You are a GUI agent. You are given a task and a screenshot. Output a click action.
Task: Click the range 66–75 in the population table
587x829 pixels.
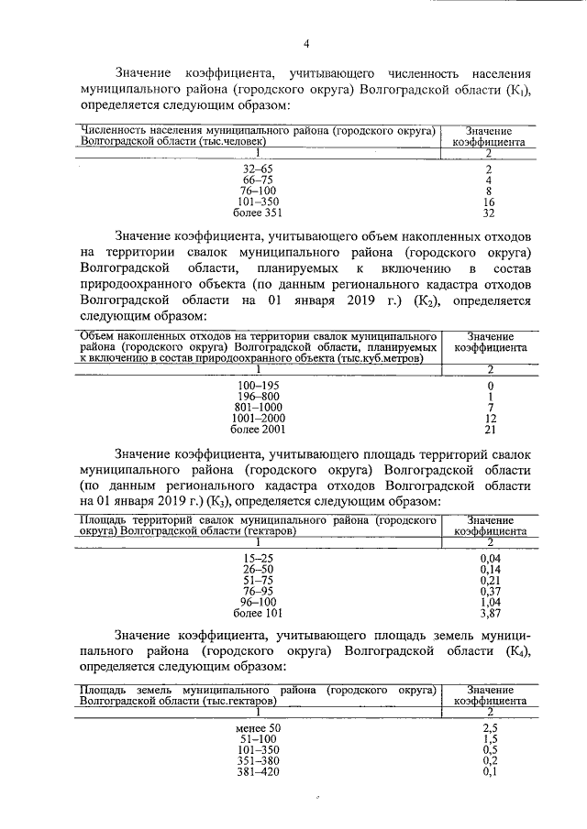point(258,180)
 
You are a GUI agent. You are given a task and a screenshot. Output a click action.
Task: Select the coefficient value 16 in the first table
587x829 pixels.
point(489,201)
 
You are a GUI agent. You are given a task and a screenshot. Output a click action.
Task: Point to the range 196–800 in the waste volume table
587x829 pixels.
point(258,396)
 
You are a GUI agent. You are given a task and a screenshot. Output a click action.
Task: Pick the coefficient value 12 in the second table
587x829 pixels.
point(489,417)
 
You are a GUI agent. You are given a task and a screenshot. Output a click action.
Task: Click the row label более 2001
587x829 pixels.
point(258,428)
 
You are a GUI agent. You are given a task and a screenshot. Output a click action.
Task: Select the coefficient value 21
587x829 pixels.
point(489,428)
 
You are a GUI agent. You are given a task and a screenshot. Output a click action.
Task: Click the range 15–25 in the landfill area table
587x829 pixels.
point(258,559)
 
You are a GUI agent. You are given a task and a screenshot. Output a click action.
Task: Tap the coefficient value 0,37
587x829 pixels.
point(490,591)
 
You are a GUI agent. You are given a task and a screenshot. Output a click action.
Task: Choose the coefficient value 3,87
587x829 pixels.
point(490,612)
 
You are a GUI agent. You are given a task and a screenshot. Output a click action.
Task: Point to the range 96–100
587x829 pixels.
point(258,602)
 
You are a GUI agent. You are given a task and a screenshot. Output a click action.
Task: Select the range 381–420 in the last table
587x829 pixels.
point(258,771)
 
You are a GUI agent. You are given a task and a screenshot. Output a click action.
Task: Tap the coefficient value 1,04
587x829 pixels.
point(490,602)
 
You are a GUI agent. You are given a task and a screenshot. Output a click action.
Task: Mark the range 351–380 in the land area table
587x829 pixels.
point(258,760)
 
